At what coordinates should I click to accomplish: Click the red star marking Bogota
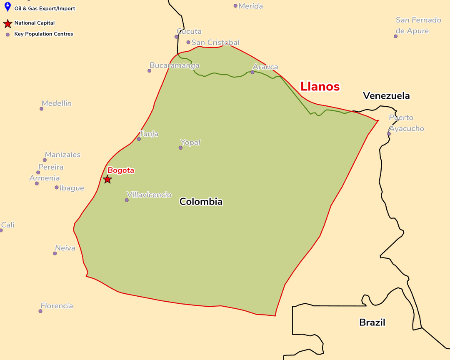tap(107, 179)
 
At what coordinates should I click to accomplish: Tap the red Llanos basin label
tap(320, 87)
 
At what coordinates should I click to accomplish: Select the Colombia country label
tap(201, 202)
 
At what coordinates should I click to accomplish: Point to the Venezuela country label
tap(386, 96)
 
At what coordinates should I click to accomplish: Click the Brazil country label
tap(372, 322)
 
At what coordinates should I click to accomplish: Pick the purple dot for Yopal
tap(180, 147)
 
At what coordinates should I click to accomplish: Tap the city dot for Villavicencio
tap(127, 200)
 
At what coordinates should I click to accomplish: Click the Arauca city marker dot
tap(252, 72)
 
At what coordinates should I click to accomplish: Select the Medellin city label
tap(57, 103)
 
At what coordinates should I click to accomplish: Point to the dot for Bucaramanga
tap(149, 70)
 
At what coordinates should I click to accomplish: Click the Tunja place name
tap(149, 134)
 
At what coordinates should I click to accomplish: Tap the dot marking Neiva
tap(55, 253)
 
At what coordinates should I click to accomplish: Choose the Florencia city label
tap(57, 306)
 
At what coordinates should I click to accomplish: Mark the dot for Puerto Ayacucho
tap(389, 134)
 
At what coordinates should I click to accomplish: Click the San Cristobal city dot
tap(188, 42)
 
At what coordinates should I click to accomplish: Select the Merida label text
tap(251, 6)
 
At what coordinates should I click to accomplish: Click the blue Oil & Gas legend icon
tap(7, 7)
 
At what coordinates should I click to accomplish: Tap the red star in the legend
tap(7, 24)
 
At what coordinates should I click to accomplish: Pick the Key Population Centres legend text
tap(44, 34)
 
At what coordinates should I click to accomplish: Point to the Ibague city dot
tap(57, 187)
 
